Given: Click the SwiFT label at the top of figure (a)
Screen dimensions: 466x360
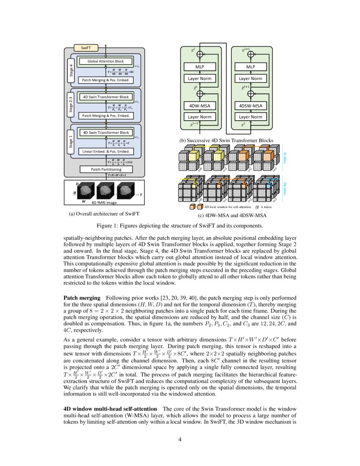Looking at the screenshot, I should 84,48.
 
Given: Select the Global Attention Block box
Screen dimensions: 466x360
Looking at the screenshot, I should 105,61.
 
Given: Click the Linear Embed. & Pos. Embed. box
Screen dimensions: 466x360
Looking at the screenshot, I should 105,151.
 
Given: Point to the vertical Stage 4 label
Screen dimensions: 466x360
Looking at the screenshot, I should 71,71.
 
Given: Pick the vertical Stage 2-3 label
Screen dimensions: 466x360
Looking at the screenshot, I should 71,106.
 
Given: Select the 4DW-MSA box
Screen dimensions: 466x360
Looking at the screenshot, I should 199,105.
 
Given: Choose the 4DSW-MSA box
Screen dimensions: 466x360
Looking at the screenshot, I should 250,105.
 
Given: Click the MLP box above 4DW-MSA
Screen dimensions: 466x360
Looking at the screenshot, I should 199,67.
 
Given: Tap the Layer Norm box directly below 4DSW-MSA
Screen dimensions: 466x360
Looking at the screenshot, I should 250,116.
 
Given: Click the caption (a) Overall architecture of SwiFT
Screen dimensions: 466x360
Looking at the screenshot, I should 104,214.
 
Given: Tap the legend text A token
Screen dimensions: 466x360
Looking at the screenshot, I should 268,207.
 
